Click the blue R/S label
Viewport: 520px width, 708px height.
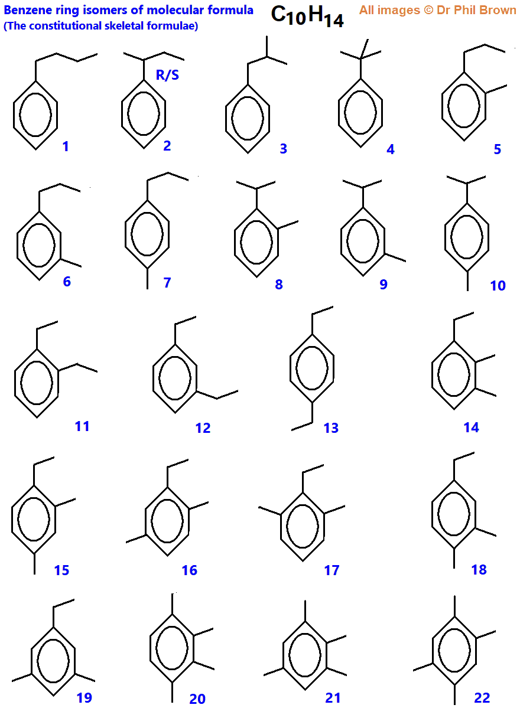(167, 74)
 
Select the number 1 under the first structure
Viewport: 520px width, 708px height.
(66, 146)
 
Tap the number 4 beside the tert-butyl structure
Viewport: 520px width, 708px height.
(391, 149)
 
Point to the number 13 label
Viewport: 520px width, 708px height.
(331, 428)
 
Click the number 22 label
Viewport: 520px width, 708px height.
(482, 697)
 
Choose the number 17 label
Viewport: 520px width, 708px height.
(331, 570)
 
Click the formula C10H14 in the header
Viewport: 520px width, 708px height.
(307, 16)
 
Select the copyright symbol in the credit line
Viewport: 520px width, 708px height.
(427, 10)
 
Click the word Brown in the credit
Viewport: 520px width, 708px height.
(499, 10)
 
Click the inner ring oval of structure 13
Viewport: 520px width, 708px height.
(312, 366)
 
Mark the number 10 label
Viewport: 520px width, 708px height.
(498, 285)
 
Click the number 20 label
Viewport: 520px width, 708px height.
(197, 699)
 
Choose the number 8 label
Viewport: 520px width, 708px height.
(279, 284)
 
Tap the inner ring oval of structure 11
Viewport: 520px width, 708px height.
(37, 382)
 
